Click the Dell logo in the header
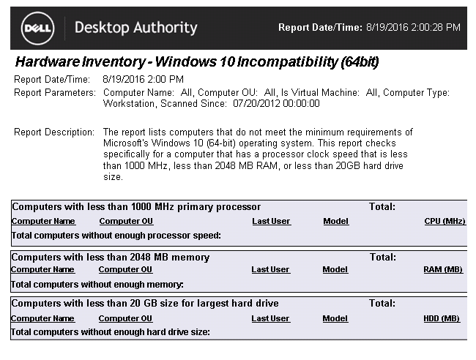[37, 29]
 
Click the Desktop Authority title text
[136, 29]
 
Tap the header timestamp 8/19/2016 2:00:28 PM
[413, 28]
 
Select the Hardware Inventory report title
[197, 61]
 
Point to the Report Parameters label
[55, 93]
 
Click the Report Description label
[55, 132]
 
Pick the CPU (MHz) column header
[445, 221]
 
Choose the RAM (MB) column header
[443, 269]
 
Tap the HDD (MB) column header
[442, 318]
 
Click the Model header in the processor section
[335, 221]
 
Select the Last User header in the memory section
[270, 269]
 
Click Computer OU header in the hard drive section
[125, 318]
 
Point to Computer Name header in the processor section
[43, 221]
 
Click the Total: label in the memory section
[382, 258]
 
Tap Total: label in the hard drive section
[382, 303]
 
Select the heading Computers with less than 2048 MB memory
[111, 258]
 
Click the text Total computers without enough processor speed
[116, 235]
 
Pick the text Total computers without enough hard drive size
[111, 332]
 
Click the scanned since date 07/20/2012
[253, 104]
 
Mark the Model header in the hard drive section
[335, 318]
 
